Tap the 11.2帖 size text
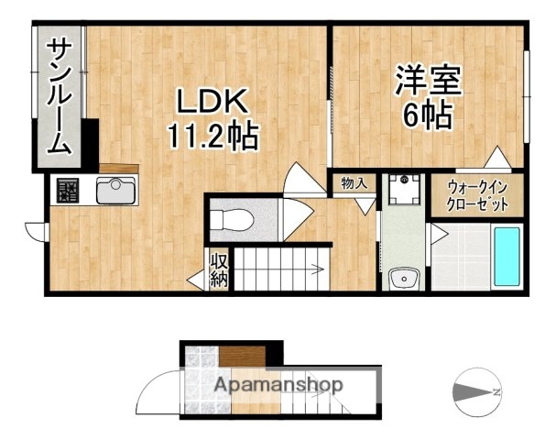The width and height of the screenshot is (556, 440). click(x=213, y=137)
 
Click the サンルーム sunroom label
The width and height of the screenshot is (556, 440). click(x=60, y=95)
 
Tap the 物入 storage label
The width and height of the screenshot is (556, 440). click(x=354, y=183)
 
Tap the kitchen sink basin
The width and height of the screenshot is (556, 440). click(x=115, y=192)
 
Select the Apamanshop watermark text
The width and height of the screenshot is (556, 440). click(x=278, y=386)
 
